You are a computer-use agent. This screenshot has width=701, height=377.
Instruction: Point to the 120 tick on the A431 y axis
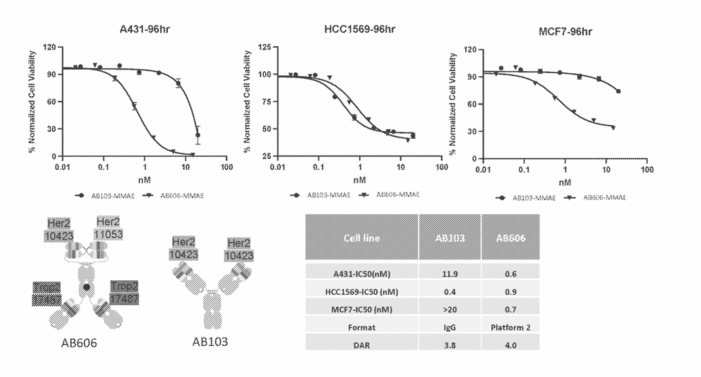pyautogui.click(x=49, y=47)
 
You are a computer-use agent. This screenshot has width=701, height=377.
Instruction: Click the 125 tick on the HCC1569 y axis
pyautogui.click(x=264, y=47)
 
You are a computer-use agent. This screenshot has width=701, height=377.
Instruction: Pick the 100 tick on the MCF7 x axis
pyautogui.click(x=646, y=169)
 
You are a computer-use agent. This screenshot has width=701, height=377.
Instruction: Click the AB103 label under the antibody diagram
pyautogui.click(x=211, y=342)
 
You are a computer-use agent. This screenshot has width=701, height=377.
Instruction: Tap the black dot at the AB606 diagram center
pyautogui.click(x=86, y=286)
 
